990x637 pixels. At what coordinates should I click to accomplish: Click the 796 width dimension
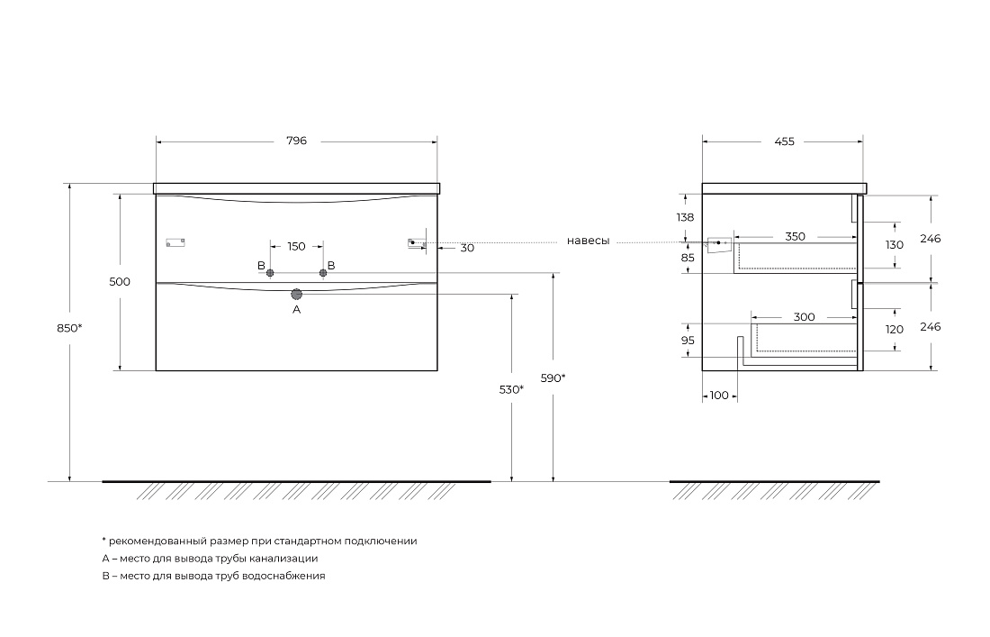(x=297, y=141)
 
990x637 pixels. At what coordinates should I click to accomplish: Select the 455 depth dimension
(x=784, y=141)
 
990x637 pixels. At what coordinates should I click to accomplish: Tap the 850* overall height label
(x=69, y=328)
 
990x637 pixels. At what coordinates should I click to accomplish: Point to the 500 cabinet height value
(x=120, y=282)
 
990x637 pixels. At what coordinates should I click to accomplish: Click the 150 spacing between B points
(x=296, y=247)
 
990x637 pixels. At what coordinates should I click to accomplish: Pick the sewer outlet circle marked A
(x=297, y=294)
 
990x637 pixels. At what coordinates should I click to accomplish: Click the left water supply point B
(x=270, y=273)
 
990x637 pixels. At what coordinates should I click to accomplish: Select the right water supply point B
(x=323, y=273)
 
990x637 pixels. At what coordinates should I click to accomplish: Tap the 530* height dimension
(x=511, y=390)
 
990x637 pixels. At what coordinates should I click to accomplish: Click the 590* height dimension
(x=553, y=378)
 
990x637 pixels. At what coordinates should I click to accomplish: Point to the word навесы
(x=589, y=241)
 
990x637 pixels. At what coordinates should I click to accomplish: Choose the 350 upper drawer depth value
(x=795, y=236)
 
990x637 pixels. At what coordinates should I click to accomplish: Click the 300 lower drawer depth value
(x=804, y=317)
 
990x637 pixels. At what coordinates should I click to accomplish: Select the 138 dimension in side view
(x=684, y=217)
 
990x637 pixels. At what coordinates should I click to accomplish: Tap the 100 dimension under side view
(x=719, y=396)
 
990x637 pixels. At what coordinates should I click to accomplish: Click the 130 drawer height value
(x=895, y=245)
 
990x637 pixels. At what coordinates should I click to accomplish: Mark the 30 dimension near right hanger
(x=467, y=249)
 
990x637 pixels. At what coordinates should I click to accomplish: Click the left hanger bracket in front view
(x=175, y=242)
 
